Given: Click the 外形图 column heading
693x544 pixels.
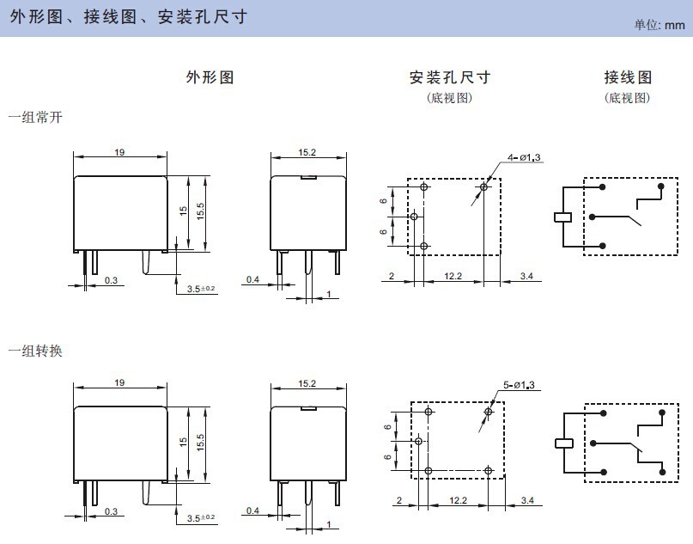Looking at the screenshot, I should pyautogui.click(x=210, y=77).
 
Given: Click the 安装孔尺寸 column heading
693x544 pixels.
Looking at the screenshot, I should pyautogui.click(x=449, y=77).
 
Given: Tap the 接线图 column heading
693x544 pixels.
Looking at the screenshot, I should pyautogui.click(x=628, y=77).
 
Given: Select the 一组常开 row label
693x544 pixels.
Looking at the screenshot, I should pyautogui.click(x=35, y=116).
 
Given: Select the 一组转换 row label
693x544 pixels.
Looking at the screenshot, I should pyautogui.click(x=35, y=351).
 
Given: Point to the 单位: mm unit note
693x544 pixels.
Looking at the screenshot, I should pyautogui.click(x=660, y=26).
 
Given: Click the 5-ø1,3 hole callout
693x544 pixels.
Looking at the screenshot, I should pyautogui.click(x=518, y=385).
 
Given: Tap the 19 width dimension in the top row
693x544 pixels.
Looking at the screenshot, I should pyautogui.click(x=119, y=152).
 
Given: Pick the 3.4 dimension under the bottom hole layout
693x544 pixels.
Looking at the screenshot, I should pyautogui.click(x=526, y=500).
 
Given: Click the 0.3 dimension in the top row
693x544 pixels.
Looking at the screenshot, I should pyautogui.click(x=111, y=280).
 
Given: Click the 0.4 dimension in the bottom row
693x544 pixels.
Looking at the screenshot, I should pyautogui.click(x=252, y=510).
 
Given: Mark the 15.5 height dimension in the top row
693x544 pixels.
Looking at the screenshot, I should pyautogui.click(x=200, y=211).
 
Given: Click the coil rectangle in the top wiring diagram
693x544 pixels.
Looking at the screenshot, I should pyautogui.click(x=562, y=217).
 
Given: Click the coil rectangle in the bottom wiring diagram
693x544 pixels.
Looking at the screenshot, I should pyautogui.click(x=562, y=444).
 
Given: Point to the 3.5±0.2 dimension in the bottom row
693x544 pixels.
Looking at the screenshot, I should pyautogui.click(x=202, y=519).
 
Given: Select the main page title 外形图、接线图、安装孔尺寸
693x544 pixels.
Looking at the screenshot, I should pyautogui.click(x=129, y=17).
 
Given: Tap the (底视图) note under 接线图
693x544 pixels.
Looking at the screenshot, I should pyautogui.click(x=628, y=98).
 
